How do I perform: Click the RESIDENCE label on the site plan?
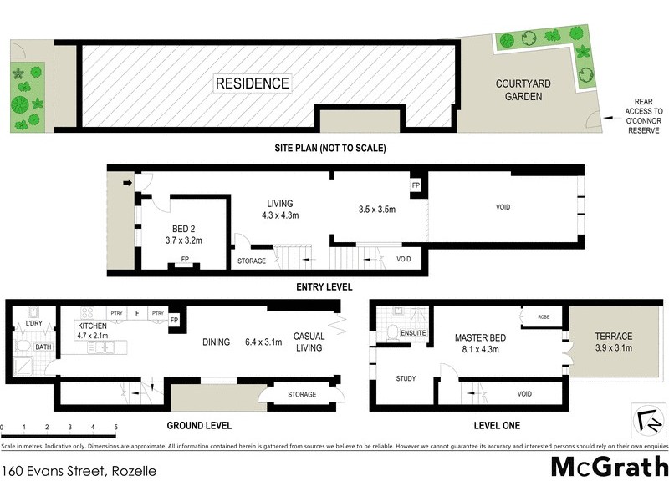(253, 83)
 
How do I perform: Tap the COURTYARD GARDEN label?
(518, 90)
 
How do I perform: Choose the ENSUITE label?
(414, 334)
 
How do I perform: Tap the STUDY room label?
(406, 378)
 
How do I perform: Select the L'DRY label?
(34, 322)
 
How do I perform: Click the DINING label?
(217, 341)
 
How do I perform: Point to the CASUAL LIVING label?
(309, 342)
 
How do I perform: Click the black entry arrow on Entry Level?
(128, 182)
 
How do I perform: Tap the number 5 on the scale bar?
(115, 427)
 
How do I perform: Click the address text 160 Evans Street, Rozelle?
(79, 471)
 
